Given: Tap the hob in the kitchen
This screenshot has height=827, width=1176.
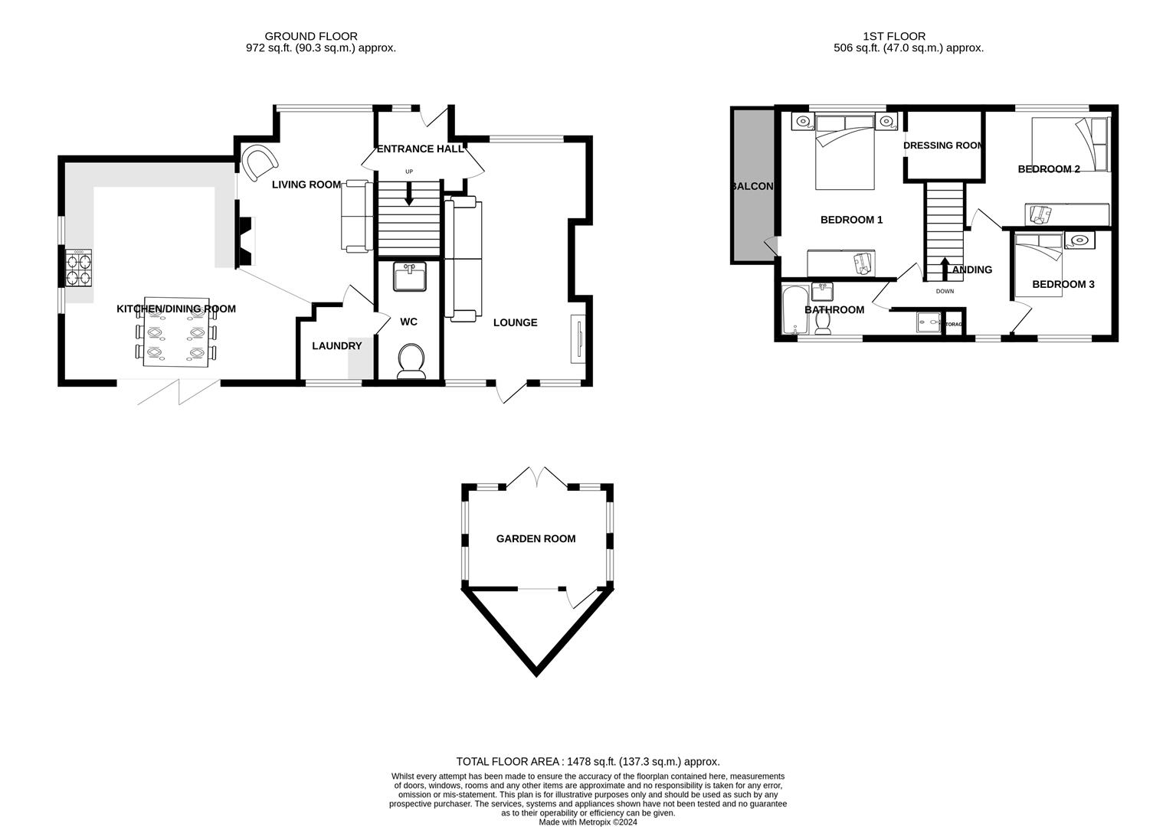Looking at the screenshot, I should (79, 268).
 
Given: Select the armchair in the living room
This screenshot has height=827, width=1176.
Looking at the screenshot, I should (258, 161).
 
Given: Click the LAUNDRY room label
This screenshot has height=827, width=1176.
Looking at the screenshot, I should (336, 346).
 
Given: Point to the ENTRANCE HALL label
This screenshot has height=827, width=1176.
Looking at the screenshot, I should (420, 149).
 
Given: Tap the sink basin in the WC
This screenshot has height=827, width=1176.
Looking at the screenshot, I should (409, 276).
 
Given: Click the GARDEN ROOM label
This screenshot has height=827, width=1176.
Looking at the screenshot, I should (536, 539).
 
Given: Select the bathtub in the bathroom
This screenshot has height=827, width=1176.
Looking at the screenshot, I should (791, 310).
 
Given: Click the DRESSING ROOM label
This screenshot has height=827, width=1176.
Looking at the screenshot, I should (942, 145).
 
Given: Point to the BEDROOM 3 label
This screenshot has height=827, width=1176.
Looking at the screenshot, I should (1063, 284).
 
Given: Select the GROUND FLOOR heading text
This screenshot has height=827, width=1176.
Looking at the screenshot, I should (310, 36).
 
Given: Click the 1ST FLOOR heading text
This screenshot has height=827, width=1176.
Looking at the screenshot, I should (893, 36).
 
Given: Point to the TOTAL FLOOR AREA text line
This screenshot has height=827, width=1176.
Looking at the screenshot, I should (588, 762).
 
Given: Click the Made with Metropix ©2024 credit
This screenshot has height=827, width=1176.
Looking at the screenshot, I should (588, 822).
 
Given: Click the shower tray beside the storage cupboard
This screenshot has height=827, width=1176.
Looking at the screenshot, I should (929, 322).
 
